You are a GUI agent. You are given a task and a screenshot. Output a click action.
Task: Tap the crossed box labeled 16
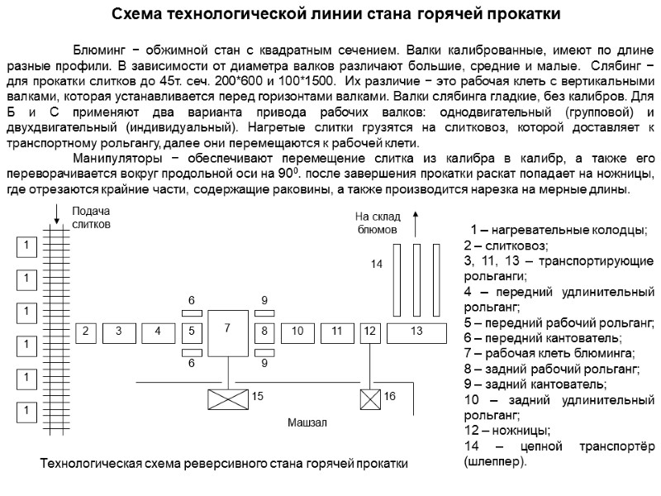click(369, 398)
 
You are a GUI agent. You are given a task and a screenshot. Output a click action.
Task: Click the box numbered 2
click(84, 331)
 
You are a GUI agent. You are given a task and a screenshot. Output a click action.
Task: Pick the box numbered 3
click(119, 331)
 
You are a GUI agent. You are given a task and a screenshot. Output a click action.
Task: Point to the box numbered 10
click(298, 331)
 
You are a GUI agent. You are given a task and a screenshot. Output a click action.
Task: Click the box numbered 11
click(337, 331)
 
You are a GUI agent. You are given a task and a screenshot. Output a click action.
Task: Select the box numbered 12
click(369, 331)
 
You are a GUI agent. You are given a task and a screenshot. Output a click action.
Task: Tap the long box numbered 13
click(416, 331)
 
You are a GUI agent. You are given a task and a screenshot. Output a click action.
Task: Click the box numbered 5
click(191, 331)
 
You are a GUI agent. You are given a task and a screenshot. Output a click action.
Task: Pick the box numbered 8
click(264, 331)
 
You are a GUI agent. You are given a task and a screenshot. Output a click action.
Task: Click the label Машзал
click(307, 422)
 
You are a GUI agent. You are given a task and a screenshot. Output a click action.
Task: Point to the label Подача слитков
click(90, 218)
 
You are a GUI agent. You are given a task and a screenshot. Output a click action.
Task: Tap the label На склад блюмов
click(377, 223)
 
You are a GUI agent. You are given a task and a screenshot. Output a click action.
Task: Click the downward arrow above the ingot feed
click(56, 213)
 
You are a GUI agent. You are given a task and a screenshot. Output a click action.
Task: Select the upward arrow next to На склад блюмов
click(416, 223)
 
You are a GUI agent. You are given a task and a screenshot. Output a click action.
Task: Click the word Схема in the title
click(137, 14)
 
